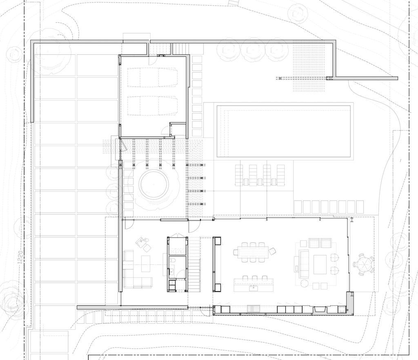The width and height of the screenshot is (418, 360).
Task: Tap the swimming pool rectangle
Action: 284,131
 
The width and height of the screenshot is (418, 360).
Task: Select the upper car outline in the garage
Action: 152,77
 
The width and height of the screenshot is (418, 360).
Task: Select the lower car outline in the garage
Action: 152,106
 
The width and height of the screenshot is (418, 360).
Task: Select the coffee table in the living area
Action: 320,264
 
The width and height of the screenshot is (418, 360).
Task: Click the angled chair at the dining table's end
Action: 272,251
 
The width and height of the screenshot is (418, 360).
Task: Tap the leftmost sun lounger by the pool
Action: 239,175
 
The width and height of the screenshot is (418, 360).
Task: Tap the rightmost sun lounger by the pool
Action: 280,175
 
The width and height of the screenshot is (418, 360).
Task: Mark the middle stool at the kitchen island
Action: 253,278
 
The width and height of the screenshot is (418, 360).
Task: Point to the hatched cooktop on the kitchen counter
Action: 252,309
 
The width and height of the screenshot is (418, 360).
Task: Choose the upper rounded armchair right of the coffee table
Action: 334,258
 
